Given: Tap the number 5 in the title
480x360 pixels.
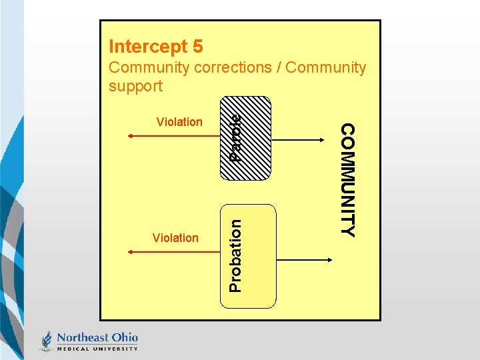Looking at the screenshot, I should pyautogui.click(x=197, y=47).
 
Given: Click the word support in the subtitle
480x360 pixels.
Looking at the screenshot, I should pyautogui.click(x=135, y=86).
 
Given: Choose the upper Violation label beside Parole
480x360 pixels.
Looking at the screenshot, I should pyautogui.click(x=179, y=121).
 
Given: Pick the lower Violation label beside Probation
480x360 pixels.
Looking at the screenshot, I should pyautogui.click(x=175, y=237).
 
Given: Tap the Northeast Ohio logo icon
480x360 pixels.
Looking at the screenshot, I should pyautogui.click(x=47, y=340).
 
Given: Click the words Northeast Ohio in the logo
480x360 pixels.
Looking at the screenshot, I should pyautogui.click(x=97, y=337).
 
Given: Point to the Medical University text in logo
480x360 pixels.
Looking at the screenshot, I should pyautogui.click(x=97, y=348).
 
